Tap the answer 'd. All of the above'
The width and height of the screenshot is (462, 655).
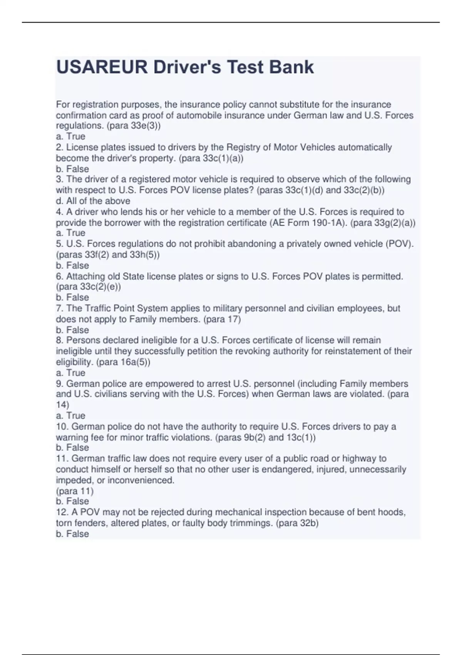click(x=93, y=201)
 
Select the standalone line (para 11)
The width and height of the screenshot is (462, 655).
click(x=75, y=491)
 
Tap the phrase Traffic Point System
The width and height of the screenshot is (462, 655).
click(x=125, y=308)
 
